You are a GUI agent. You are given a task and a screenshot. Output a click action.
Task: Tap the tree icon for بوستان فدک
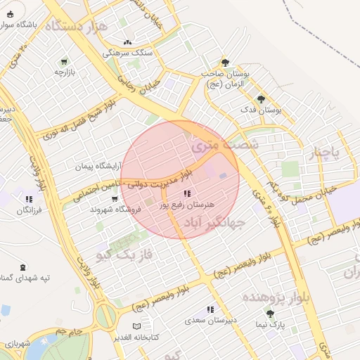261,99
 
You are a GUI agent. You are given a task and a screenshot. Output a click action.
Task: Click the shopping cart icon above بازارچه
65,61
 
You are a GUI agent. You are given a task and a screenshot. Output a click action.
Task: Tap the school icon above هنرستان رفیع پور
186,193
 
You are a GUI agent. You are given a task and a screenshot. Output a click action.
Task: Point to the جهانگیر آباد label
214,224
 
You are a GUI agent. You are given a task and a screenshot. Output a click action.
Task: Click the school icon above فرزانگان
28,199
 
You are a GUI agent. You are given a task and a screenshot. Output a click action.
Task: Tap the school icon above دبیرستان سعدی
210,309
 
